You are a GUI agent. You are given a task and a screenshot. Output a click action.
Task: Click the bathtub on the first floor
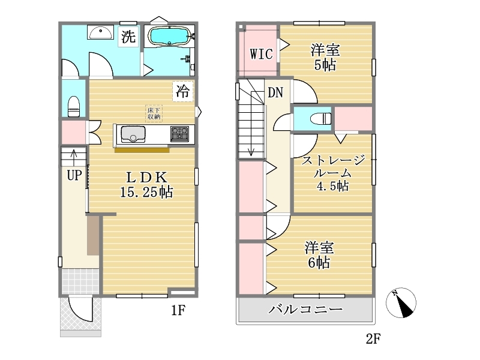[170, 36]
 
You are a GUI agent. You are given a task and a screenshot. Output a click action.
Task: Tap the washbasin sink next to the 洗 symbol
[100, 32]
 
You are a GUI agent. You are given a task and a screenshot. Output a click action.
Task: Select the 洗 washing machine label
[128, 37]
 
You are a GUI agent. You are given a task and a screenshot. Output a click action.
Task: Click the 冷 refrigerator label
[183, 91]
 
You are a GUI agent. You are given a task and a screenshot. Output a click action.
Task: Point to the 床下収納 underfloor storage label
[154, 113]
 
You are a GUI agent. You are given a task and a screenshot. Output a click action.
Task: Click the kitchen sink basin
[133, 134]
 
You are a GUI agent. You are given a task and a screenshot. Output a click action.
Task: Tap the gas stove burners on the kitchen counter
[179, 134]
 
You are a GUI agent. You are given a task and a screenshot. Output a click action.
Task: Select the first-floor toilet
[74, 106]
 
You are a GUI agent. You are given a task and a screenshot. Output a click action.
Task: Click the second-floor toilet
[320, 118]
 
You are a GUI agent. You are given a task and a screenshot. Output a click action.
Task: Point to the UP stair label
[74, 175]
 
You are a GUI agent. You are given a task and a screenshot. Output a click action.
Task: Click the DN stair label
[275, 92]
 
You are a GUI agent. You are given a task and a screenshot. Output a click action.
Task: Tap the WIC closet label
[261, 54]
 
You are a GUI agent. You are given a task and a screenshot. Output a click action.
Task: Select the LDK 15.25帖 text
[146, 185]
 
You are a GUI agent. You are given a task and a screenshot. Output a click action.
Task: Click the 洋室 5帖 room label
[325, 58]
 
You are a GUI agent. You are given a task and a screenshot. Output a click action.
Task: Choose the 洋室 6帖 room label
[319, 256]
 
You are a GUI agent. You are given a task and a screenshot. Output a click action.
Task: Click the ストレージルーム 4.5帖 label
[333, 173]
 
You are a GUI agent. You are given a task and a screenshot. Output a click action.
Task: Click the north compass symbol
[401, 303]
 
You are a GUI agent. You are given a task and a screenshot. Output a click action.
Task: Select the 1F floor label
[178, 310]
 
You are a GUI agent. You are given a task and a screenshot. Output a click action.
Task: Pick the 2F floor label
[373, 338]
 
